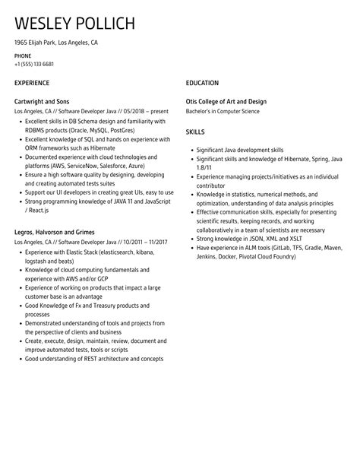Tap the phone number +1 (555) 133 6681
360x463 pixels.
[x=33, y=64]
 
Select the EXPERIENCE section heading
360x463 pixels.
[x=32, y=82]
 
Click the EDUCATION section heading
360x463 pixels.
[x=202, y=82]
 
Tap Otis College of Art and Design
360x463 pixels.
[x=226, y=101]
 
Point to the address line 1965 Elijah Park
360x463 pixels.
[x=56, y=43]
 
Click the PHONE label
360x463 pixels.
[x=23, y=55]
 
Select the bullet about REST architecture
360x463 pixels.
[x=94, y=359]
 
